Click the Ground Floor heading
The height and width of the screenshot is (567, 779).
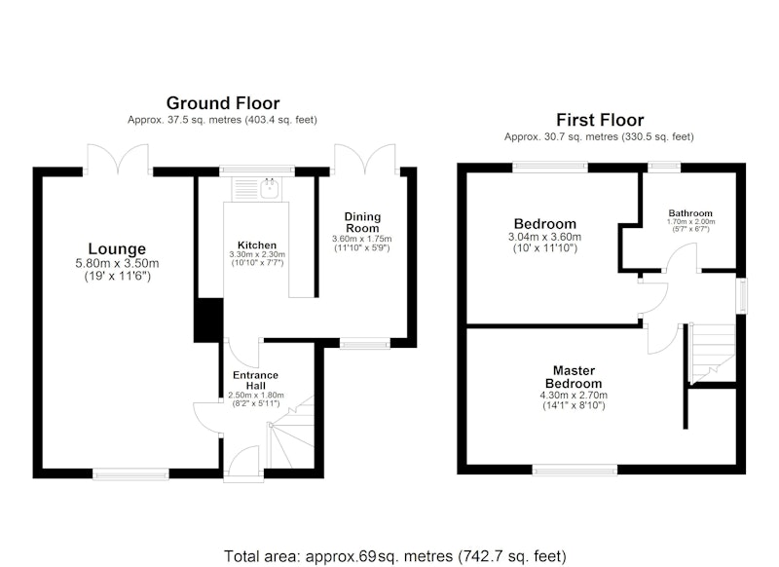223,103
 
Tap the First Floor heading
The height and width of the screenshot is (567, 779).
600,120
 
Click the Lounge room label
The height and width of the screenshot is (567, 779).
117,248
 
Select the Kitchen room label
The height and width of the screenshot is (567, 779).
257,245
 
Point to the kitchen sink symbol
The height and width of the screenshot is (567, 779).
270,188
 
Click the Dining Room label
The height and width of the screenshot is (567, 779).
362,222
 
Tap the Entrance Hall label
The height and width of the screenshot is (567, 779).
256,380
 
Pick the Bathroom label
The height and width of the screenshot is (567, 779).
690,213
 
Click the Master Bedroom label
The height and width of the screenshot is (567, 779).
574,377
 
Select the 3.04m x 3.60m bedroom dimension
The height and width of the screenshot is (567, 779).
544,237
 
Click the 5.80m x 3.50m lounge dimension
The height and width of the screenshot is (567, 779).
117,263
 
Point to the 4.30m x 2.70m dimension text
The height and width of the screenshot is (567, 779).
574,396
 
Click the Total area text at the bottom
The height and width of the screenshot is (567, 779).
395,555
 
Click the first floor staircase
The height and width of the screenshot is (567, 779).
713,354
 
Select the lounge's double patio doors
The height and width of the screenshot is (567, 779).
118,159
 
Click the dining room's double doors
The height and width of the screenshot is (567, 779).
365,159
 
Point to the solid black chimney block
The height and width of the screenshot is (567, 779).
208,320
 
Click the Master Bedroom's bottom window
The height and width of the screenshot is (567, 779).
575,470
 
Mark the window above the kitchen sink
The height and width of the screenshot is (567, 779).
257,170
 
